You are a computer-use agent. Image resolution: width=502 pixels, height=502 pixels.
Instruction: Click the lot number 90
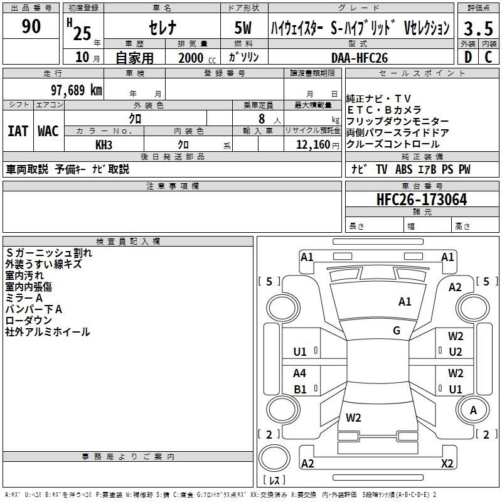click(31, 26)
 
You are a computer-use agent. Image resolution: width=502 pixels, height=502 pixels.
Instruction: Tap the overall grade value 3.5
click(478, 28)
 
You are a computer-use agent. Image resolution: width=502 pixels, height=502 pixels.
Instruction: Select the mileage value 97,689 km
click(77, 90)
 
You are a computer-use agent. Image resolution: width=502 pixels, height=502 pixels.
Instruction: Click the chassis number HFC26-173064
click(422, 200)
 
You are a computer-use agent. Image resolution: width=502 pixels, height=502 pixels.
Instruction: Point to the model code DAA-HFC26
click(359, 58)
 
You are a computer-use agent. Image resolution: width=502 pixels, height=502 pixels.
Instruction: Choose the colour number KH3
click(104, 145)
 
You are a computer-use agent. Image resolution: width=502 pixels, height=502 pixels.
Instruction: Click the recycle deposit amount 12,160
click(312, 145)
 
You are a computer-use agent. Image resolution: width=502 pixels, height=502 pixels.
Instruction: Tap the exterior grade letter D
click(468, 57)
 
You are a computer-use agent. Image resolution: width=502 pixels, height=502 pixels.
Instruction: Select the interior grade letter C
click(488, 57)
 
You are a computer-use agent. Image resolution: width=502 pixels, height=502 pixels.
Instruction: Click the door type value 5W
click(243, 28)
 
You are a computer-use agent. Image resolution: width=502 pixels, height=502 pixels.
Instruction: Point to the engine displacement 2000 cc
click(197, 58)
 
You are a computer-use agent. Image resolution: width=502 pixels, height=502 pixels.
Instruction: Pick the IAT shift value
click(18, 131)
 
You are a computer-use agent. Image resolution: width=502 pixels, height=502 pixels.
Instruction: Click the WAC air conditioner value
click(48, 131)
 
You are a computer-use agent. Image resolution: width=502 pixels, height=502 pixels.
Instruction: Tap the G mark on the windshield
click(397, 331)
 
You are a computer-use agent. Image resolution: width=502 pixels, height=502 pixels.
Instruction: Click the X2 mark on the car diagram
click(447, 463)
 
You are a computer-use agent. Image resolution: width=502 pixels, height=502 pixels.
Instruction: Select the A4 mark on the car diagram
click(299, 373)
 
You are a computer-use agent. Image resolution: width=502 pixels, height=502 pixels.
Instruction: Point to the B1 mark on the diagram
click(300, 389)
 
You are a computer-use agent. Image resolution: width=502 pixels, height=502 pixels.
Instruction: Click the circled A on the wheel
click(473, 410)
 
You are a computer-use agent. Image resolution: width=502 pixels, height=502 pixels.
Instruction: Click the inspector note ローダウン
click(28, 321)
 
